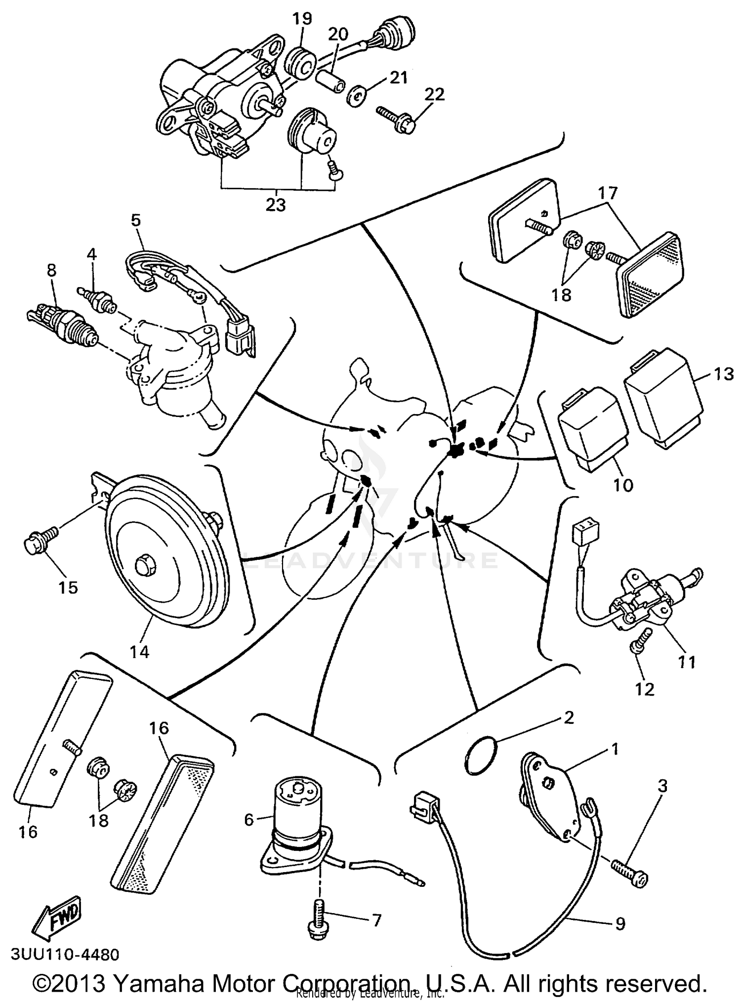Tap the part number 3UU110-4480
[64, 954]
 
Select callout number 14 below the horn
[140, 651]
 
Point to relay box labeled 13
[663, 397]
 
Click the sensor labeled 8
[62, 321]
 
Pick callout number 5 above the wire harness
[135, 220]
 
